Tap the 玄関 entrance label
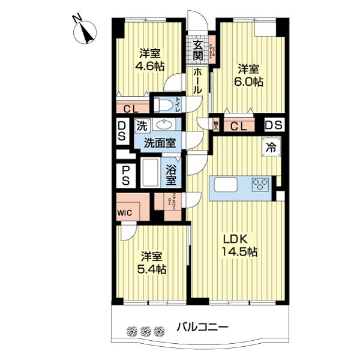[x=197, y=51]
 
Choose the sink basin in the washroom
[x=163, y=125]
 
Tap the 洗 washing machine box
[x=142, y=126]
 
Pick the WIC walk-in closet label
[x=125, y=212]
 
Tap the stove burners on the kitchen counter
[x=260, y=184]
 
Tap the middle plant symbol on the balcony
[x=145, y=331]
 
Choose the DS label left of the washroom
[x=122, y=131]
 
